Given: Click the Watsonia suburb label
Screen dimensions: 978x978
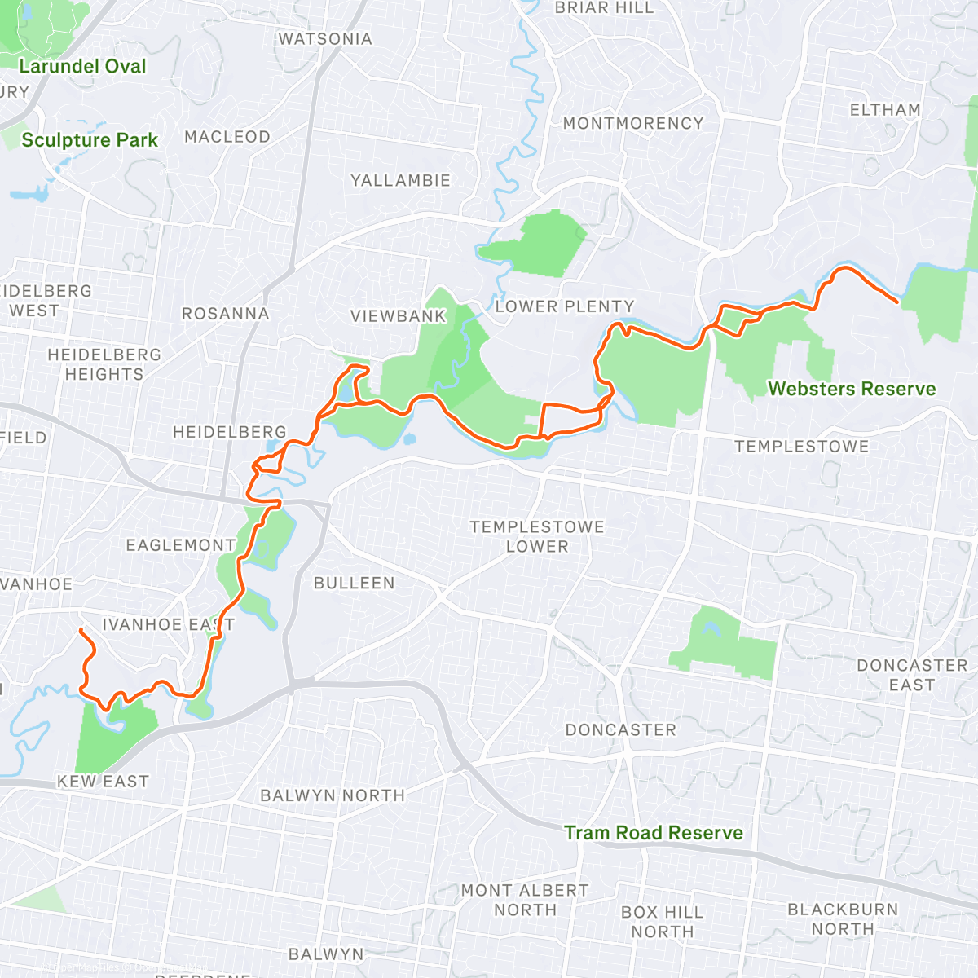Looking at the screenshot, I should click(325, 39).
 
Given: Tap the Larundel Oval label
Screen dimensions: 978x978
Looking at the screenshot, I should click(82, 67).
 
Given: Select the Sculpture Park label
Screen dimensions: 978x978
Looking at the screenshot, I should click(90, 140).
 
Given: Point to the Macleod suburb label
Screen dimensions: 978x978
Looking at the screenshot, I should click(227, 137).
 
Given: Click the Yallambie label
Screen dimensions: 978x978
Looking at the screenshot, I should click(400, 181).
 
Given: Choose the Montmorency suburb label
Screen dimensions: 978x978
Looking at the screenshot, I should click(633, 124).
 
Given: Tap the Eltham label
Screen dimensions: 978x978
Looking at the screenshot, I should click(885, 110).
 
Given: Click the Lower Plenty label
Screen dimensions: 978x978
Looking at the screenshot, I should click(565, 306).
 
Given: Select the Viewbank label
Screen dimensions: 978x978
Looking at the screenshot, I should click(399, 316).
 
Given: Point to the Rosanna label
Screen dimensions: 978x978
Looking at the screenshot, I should click(225, 314).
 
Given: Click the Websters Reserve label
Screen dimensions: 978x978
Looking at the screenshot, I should click(852, 389).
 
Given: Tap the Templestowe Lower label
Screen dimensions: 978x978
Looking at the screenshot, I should click(537, 537).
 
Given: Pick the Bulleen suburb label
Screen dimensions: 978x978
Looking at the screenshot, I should click(354, 584).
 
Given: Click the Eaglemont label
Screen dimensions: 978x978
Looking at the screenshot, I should click(181, 545).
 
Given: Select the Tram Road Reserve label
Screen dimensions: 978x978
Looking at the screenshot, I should click(654, 833).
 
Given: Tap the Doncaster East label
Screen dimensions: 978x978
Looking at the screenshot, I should click(912, 676).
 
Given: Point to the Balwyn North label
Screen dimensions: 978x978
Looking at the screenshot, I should click(333, 795).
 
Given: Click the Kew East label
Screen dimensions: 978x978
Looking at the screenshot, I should click(103, 782).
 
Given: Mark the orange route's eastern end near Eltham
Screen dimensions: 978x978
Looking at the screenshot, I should click(897, 302).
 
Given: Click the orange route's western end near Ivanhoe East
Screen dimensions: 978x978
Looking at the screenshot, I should click(80, 630).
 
